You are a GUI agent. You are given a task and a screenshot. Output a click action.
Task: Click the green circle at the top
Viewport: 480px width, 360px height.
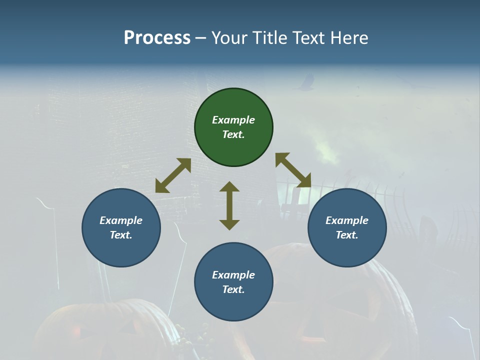[233, 127]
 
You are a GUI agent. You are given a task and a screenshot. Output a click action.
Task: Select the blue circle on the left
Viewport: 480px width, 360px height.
[121, 228]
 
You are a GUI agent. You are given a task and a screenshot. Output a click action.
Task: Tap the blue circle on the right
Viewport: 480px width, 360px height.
[347, 228]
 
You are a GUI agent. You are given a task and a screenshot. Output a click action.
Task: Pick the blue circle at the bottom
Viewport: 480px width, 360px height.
[233, 282]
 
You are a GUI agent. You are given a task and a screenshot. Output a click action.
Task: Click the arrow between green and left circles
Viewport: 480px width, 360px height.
[173, 175]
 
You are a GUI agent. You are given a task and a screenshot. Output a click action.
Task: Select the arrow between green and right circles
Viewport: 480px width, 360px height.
[293, 170]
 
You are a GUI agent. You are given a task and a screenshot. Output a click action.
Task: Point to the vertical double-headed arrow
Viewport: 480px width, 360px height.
[229, 205]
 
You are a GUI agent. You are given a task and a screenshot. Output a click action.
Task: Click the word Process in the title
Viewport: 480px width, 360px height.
[157, 38]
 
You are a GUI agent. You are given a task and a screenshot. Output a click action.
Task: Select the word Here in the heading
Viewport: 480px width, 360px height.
[349, 38]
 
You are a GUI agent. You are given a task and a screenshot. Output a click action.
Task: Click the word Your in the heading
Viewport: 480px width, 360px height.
[228, 38]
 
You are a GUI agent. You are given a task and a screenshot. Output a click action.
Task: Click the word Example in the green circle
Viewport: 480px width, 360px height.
[233, 120]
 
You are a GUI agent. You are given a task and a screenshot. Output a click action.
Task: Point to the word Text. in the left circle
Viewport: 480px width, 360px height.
[121, 235]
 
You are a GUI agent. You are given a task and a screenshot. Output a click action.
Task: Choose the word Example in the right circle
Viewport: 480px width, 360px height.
[347, 220]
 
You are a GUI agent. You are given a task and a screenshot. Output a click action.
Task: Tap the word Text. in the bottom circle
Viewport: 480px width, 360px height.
[233, 289]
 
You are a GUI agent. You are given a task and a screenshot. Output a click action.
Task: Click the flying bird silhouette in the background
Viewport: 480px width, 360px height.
[304, 83]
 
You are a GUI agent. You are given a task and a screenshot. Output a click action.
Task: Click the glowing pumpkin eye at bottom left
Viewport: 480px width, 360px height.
[75, 330]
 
